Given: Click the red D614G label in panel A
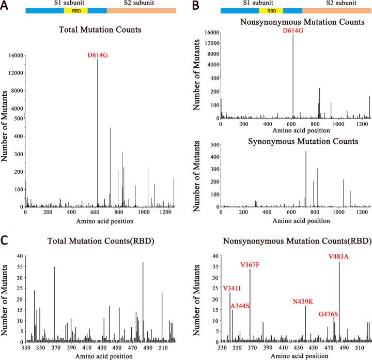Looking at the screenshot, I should click(x=97, y=55).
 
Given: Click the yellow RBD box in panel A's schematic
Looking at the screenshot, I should click(x=76, y=10).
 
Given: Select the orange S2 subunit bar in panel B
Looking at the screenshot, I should click(x=336, y=10).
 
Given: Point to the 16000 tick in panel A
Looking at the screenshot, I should click(x=15, y=55).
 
